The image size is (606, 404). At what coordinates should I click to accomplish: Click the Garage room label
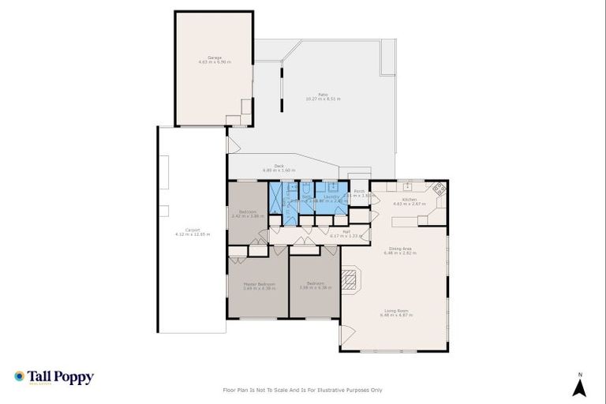coord(215,57)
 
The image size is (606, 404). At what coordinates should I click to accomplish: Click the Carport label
coord(193,230)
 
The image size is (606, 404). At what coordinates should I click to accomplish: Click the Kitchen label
coord(410,200)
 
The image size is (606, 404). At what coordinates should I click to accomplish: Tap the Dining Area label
coord(398,249)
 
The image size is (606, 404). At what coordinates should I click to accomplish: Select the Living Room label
coord(398,311)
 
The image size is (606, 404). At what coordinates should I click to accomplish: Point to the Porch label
coord(359,192)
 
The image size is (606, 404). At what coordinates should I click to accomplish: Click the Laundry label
coord(331,196)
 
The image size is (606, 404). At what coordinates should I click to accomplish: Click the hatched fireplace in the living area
coord(349,279)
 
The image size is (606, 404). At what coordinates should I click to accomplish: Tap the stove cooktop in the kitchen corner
coord(439,189)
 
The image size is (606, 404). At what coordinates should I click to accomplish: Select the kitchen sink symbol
coord(407,187)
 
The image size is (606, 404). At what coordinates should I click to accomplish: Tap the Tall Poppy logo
coord(54,377)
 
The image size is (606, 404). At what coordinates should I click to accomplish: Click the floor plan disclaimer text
coord(303,390)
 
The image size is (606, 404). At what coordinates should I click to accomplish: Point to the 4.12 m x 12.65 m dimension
coord(193,235)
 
